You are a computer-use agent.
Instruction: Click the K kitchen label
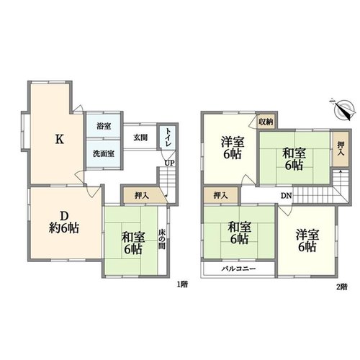point(60,139)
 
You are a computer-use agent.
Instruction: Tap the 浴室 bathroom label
point(104,126)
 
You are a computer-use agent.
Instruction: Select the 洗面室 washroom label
point(104,154)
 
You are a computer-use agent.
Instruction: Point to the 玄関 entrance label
point(140,138)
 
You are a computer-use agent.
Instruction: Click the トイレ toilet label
point(168,138)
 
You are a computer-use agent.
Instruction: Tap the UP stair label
point(169,163)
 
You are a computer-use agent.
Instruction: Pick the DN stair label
point(287,196)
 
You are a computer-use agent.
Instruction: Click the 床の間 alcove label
point(162,240)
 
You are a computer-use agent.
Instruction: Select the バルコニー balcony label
point(238,269)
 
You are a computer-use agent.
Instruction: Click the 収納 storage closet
point(266,122)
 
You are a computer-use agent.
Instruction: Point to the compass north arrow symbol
point(343,109)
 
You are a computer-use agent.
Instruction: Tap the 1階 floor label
point(182,284)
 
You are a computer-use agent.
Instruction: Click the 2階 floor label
point(342,287)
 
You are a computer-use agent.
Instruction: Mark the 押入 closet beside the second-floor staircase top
point(341,149)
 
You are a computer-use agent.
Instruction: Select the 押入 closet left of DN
point(221,195)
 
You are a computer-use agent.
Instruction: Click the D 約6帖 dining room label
point(64,222)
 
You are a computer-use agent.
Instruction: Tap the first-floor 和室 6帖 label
point(133,243)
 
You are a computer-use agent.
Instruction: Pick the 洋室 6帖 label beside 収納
point(233,148)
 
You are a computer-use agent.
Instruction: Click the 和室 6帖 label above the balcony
point(239,233)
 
